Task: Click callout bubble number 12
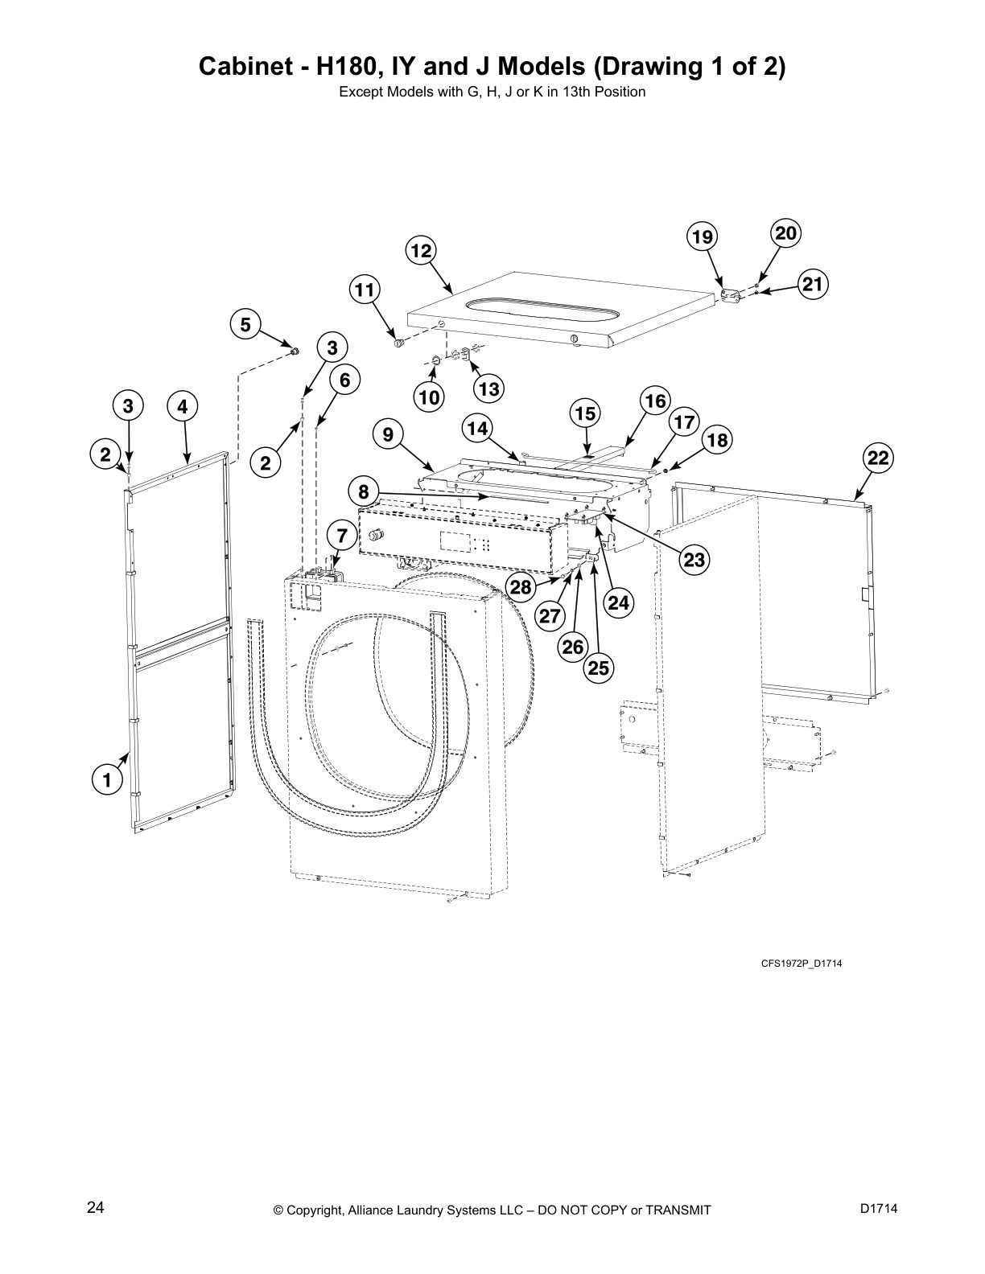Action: (421, 250)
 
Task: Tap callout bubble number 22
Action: (878, 458)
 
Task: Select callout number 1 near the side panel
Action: (105, 779)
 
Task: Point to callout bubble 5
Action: (245, 325)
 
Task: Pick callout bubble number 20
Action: (786, 234)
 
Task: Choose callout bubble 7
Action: (341, 535)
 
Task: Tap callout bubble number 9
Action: (388, 435)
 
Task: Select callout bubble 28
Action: (521, 586)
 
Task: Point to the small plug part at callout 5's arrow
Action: (295, 351)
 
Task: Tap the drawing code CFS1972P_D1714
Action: (801, 964)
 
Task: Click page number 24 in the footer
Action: (95, 1207)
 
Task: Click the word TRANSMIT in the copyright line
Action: (674, 1210)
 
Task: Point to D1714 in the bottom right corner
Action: (878, 1207)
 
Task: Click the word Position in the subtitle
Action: (620, 92)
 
